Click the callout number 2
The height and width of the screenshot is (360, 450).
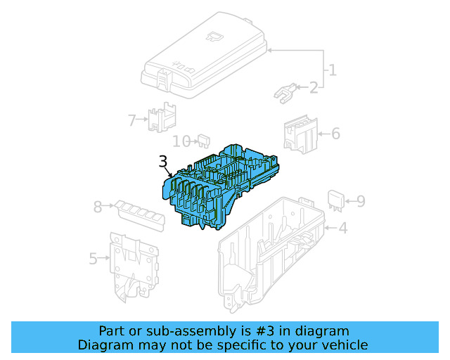(x=313, y=87)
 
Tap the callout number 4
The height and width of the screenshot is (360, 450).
(x=342, y=228)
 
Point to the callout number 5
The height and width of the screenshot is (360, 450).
(x=94, y=259)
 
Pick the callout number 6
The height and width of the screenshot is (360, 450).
(x=335, y=133)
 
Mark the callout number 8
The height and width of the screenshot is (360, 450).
(x=98, y=207)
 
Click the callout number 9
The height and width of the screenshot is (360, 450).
(x=360, y=202)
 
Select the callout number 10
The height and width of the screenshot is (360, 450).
(x=181, y=141)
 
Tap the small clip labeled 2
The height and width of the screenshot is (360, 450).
(x=284, y=93)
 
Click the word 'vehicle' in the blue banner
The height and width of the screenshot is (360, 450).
(x=343, y=345)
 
